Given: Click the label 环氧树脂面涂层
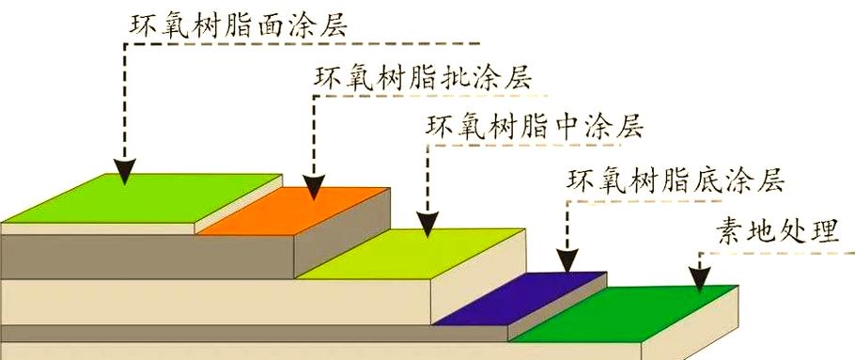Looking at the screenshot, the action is coord(239,24).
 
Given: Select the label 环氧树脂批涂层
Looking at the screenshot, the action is coord(423,79).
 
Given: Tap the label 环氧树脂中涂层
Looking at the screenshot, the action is coord(535,127).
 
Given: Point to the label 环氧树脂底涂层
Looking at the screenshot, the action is coord(676,180).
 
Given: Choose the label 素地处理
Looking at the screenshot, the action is coord(778,231).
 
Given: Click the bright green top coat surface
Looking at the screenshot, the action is coord(143,198).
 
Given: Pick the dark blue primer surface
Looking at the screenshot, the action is coord(521,298).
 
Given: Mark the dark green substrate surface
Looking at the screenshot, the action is coord(625,314).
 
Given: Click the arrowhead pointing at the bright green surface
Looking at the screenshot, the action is coord(125,171).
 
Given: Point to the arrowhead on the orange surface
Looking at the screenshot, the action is coord(314,187).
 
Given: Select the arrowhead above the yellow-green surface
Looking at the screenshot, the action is coord(427,225).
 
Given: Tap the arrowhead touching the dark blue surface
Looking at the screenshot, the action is coord(567,260).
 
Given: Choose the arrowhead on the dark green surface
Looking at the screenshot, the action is coord(700,279).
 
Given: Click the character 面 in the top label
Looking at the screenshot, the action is coord(270,25).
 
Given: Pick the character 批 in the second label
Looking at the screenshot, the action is coord(454,79).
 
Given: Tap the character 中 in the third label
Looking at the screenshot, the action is coord(566,127).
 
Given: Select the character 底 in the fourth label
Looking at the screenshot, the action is coord(707,180).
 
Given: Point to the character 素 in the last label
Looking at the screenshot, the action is coord(731,232).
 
